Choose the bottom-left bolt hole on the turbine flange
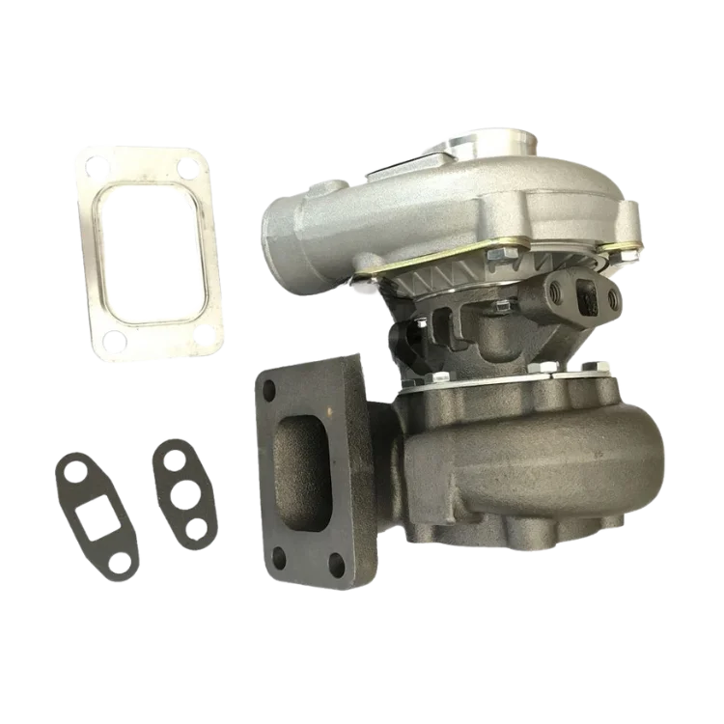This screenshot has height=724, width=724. (282, 558)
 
